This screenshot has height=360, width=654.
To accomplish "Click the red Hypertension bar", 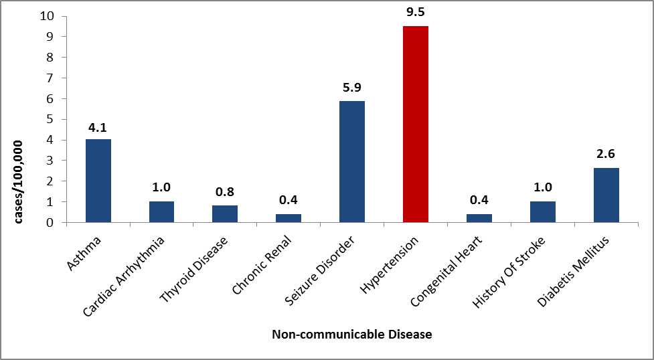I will pos(415,124).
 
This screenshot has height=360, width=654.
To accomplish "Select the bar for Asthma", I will pos(98,180).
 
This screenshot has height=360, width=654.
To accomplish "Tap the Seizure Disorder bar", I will pos(351,161).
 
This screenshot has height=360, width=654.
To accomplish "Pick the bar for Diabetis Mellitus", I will pos(606,195).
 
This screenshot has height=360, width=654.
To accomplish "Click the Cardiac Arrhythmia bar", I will pos(161,211).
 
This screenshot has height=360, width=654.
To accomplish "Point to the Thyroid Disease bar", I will pos(225,213).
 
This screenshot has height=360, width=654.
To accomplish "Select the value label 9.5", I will pos(415,11).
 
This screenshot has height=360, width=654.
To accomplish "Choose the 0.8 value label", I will pos(225,191).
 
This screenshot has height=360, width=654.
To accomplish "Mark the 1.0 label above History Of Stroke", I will pos(542,187).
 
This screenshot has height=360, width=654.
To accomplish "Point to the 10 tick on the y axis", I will pos(48,15).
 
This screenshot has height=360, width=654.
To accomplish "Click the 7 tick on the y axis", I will pos(52,78).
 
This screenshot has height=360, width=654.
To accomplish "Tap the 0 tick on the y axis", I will pos(52,222).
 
